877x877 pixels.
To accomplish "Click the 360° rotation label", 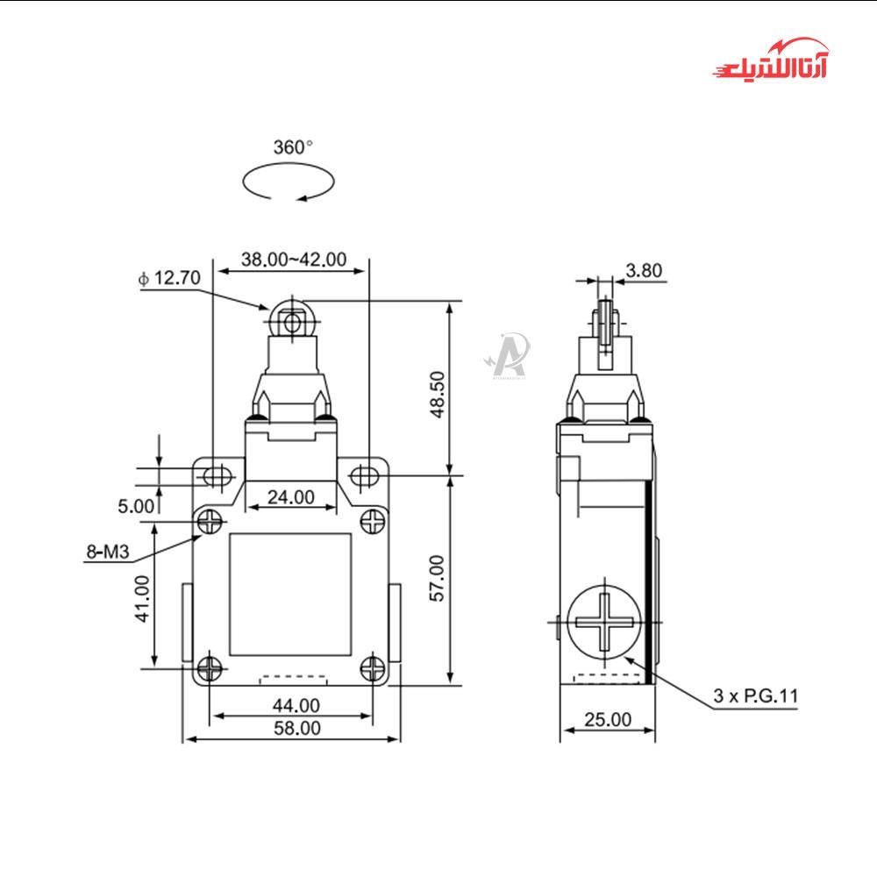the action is [293, 147].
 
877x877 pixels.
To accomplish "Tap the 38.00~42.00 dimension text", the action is [294, 260].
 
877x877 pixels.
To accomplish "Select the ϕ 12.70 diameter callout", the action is [169, 277].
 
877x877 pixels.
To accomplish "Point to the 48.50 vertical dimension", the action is [438, 395].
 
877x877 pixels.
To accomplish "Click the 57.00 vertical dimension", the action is [437, 578].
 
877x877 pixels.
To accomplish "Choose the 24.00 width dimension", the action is [291, 496].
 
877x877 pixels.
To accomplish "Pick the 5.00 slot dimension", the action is [136, 506].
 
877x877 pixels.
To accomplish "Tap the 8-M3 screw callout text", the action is [107, 552].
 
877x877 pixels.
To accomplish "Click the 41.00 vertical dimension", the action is [143, 599].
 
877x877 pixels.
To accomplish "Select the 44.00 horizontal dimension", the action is [296, 706].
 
